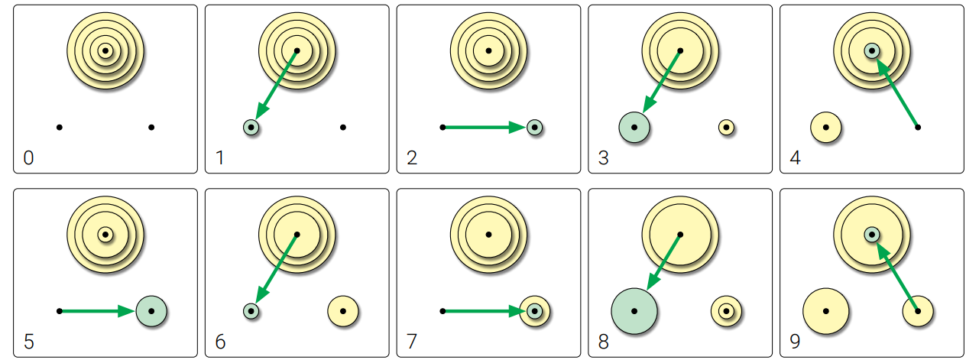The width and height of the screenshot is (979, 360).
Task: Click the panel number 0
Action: (29, 158)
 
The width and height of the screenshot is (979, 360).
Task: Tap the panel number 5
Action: (29, 342)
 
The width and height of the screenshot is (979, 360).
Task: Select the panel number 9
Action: (795, 342)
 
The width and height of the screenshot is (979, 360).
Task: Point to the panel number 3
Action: (604, 158)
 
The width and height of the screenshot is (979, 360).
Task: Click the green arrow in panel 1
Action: (277, 86)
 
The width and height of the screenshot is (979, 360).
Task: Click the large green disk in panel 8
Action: (634, 311)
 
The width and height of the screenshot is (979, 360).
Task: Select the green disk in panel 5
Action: (151, 311)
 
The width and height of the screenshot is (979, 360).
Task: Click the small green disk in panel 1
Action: (251, 127)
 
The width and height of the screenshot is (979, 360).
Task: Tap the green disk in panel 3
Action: (634, 127)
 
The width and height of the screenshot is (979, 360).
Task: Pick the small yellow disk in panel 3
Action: (726, 127)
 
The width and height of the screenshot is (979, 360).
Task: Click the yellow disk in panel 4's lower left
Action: (825, 127)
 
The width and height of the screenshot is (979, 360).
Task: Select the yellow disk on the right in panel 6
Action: (343, 311)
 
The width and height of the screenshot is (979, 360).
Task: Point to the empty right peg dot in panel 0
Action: (151, 127)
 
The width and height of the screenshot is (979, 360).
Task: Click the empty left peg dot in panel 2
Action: (442, 127)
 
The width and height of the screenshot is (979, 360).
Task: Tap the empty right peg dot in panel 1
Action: (343, 127)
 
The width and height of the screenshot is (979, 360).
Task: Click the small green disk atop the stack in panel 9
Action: (871, 234)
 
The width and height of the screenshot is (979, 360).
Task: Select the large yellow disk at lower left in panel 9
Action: (825, 311)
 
